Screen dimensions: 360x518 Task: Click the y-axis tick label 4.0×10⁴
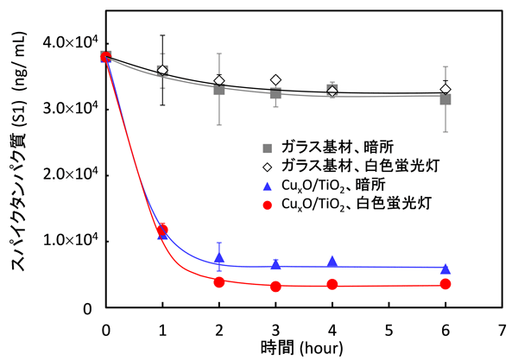68,42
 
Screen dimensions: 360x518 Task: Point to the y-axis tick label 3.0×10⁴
68,109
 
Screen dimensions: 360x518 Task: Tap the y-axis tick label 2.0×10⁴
68,175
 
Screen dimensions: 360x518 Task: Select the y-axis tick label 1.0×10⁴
68,242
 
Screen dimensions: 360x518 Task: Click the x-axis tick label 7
502,329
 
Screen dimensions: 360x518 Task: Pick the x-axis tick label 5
388,329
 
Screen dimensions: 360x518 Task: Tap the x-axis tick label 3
275,329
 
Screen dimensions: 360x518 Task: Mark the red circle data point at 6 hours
445,284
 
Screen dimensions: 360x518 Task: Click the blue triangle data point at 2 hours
219,258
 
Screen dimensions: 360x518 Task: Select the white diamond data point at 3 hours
275,79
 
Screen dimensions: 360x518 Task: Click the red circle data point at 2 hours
219,282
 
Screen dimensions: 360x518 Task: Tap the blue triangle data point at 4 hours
332,262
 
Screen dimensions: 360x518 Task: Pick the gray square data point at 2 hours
219,89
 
